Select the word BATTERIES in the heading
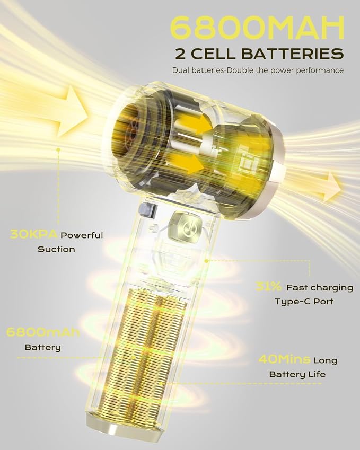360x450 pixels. (292, 54)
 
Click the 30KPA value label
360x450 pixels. (34, 234)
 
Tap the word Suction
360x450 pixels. (56, 249)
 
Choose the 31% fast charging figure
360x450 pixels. (268, 286)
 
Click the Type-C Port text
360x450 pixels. (304, 302)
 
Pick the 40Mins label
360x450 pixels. (284, 359)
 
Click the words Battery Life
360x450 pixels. (297, 374)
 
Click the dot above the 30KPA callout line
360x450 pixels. (58, 149)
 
